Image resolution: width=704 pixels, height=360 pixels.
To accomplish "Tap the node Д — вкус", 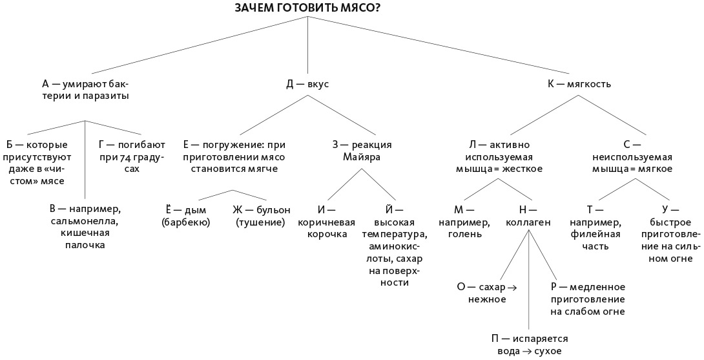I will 307,84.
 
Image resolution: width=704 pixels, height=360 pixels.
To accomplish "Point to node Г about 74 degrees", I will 132,156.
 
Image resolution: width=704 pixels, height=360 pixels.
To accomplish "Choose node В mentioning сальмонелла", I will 86,227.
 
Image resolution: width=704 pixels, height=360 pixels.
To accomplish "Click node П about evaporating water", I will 529,345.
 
